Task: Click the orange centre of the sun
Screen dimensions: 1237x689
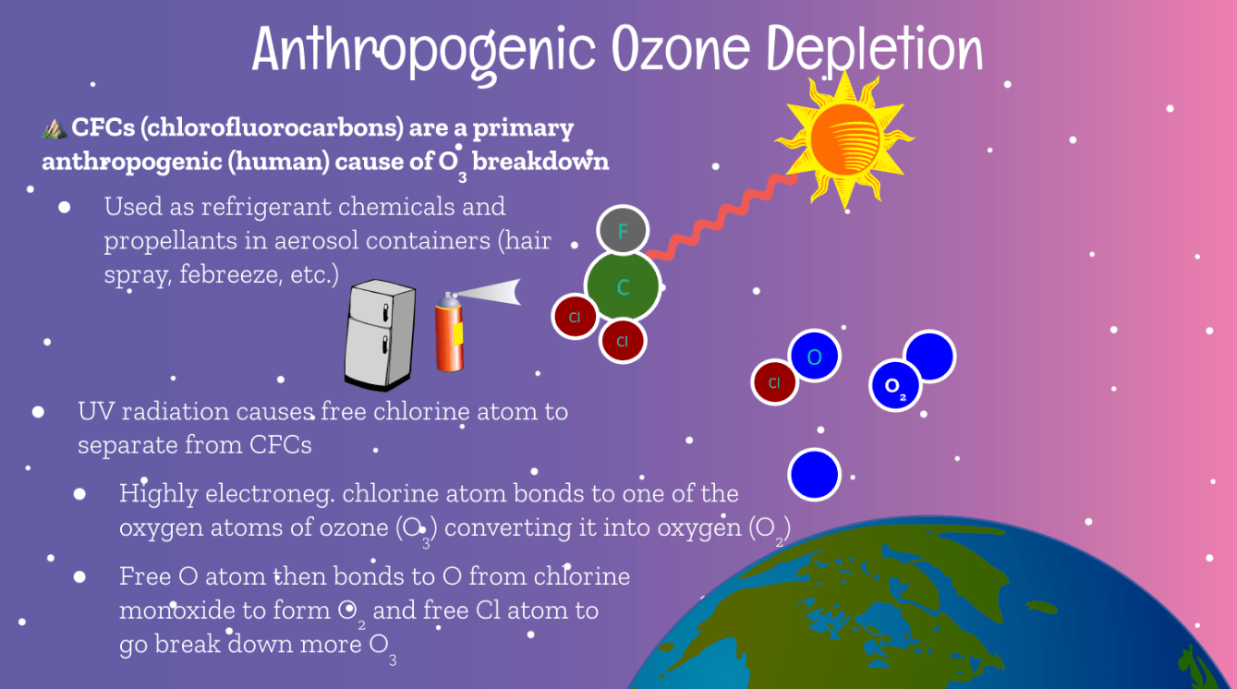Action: (845, 139)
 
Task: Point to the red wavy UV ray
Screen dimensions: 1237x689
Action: (722, 216)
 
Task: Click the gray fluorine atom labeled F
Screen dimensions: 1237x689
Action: (623, 230)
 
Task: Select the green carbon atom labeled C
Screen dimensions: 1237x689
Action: (623, 286)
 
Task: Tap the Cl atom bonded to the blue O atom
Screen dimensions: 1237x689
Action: (774, 382)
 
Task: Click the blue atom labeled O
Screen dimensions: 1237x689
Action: (815, 357)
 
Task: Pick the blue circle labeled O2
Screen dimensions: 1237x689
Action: (894, 385)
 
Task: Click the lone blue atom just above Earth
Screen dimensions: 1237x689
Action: (815, 475)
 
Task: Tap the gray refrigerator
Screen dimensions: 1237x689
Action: (380, 334)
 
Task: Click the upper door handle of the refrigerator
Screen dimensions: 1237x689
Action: (385, 314)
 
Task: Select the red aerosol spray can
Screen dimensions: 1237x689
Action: (449, 333)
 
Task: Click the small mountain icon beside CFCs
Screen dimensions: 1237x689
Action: (55, 128)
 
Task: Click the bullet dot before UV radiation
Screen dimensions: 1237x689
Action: (38, 412)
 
